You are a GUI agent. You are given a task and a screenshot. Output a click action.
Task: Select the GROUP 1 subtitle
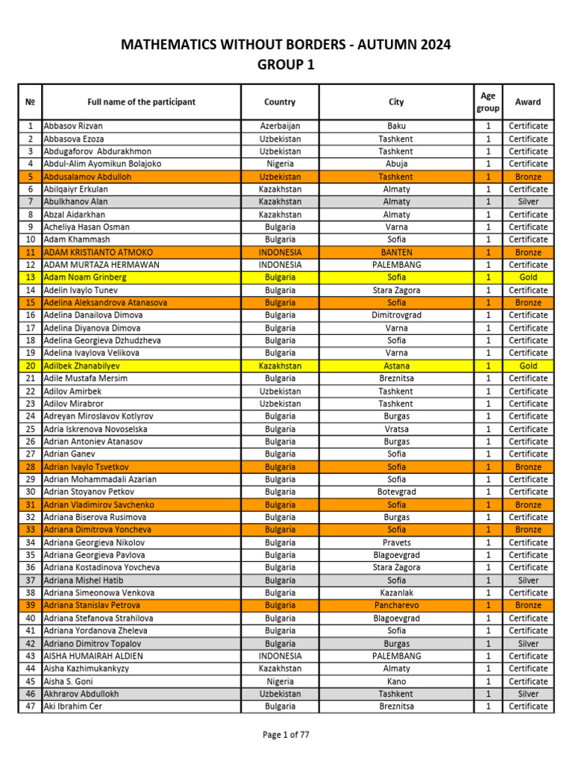click(x=286, y=66)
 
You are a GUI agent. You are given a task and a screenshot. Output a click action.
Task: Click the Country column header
click(x=280, y=102)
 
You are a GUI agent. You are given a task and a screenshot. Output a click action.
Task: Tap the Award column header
click(x=528, y=102)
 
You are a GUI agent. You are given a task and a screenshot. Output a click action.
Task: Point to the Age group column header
click(x=488, y=102)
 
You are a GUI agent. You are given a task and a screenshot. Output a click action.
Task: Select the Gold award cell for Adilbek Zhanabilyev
click(x=528, y=366)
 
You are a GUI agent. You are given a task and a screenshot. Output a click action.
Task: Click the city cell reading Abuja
click(x=396, y=164)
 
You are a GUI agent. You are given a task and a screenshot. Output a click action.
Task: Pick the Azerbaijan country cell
click(x=280, y=126)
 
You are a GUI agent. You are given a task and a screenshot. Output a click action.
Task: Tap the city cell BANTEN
click(x=396, y=253)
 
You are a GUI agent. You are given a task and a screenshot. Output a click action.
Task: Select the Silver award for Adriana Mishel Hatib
click(x=528, y=580)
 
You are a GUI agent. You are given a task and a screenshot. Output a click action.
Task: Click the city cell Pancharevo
click(x=396, y=606)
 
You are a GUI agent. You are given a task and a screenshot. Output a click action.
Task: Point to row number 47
click(x=31, y=707)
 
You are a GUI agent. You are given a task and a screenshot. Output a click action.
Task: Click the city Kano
click(x=396, y=681)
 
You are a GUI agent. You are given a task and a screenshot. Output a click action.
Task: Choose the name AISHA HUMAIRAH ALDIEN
click(x=93, y=657)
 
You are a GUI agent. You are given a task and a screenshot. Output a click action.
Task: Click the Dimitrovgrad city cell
click(x=396, y=316)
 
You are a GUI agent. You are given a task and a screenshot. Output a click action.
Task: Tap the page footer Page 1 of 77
click(x=286, y=735)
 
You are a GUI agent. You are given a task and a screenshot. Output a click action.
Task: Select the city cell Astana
click(x=396, y=366)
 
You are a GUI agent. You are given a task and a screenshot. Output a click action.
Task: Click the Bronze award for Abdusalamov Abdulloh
click(x=528, y=177)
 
